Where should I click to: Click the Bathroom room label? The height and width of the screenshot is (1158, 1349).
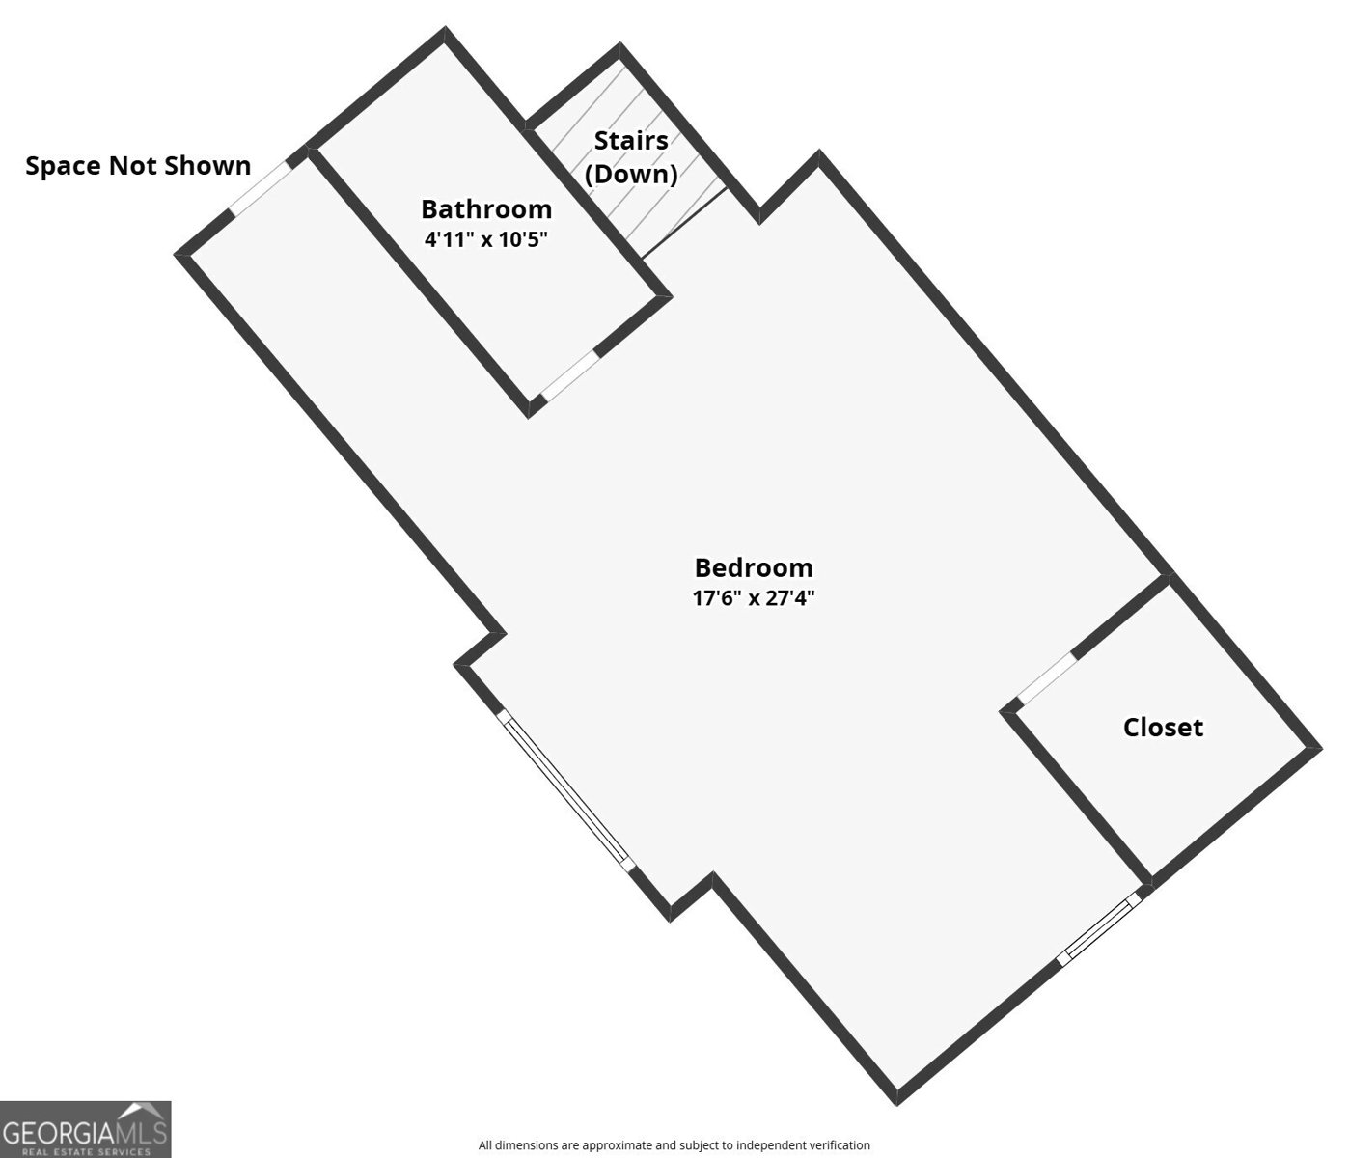pos(486,209)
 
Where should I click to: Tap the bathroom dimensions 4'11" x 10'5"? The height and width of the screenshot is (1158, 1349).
pos(485,239)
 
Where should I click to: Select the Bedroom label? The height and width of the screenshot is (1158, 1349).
pos(754,568)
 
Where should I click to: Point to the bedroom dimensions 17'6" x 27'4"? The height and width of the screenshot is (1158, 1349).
pos(754,598)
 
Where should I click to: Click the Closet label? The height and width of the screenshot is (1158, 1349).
pos(1163,728)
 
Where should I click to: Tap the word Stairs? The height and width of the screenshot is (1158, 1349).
pos(631,140)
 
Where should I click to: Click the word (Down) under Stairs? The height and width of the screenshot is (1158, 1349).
pos(631,175)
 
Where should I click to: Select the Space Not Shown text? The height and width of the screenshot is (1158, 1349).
pos(138,166)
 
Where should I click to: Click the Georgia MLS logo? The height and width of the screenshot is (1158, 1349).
pos(86,1129)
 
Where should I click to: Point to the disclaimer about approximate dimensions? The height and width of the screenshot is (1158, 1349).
pos(674,1144)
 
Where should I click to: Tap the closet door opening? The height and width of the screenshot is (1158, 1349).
pos(1046,677)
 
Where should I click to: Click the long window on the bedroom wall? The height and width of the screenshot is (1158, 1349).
pos(565,791)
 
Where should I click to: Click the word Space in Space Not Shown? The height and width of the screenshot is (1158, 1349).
pos(63,166)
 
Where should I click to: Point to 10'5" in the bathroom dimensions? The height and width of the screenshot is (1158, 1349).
pos(522,239)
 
